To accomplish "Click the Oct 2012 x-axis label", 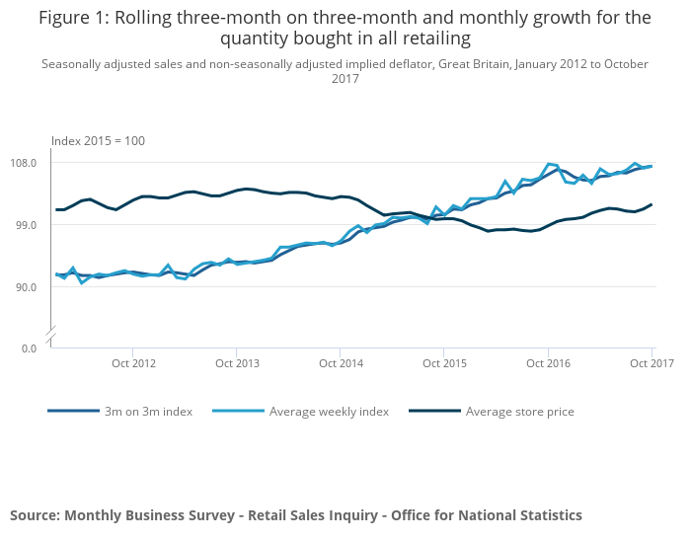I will pos(134,363).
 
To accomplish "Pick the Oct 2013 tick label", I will pos(237,363).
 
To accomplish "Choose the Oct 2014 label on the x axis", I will pos(341,363).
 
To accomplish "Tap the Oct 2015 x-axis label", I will pos(444,363).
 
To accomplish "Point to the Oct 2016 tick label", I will pos(548,363).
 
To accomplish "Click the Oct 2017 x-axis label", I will pos(652,363).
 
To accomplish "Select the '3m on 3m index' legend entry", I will pos(147,412).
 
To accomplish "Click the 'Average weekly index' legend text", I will pos(329,412).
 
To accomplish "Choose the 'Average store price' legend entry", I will pos(519,412).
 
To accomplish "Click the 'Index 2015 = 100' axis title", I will pos(98,141).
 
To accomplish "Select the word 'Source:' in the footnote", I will pos(35,515).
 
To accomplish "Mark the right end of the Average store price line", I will pos(652,204).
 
